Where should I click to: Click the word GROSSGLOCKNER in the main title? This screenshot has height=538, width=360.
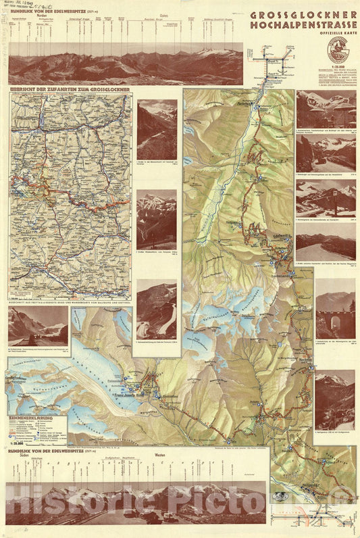pos(303,14)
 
